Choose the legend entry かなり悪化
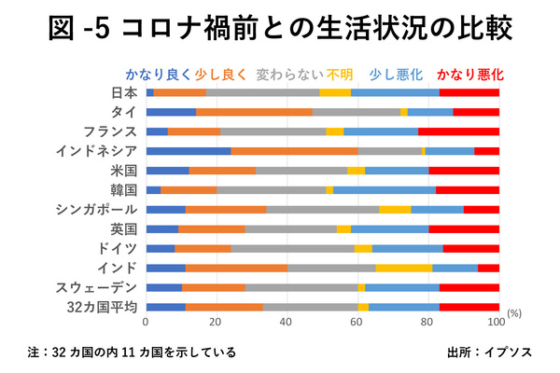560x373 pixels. [x=469, y=73]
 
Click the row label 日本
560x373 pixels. [x=124, y=92]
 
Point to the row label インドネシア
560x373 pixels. [x=96, y=151]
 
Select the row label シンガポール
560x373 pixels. [x=96, y=209]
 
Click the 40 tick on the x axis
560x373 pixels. [x=287, y=322]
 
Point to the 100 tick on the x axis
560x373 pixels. [x=498, y=322]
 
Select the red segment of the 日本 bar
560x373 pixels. [x=469, y=92]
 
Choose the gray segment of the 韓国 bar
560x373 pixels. [x=272, y=189]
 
